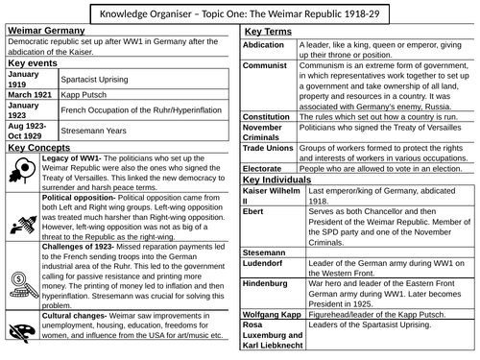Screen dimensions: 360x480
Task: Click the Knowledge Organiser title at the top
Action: (x=239, y=13)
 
